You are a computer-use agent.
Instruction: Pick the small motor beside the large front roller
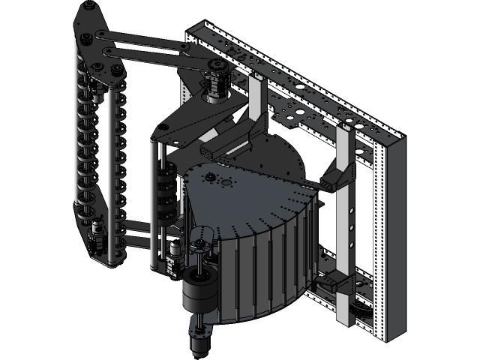(x=174, y=255)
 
